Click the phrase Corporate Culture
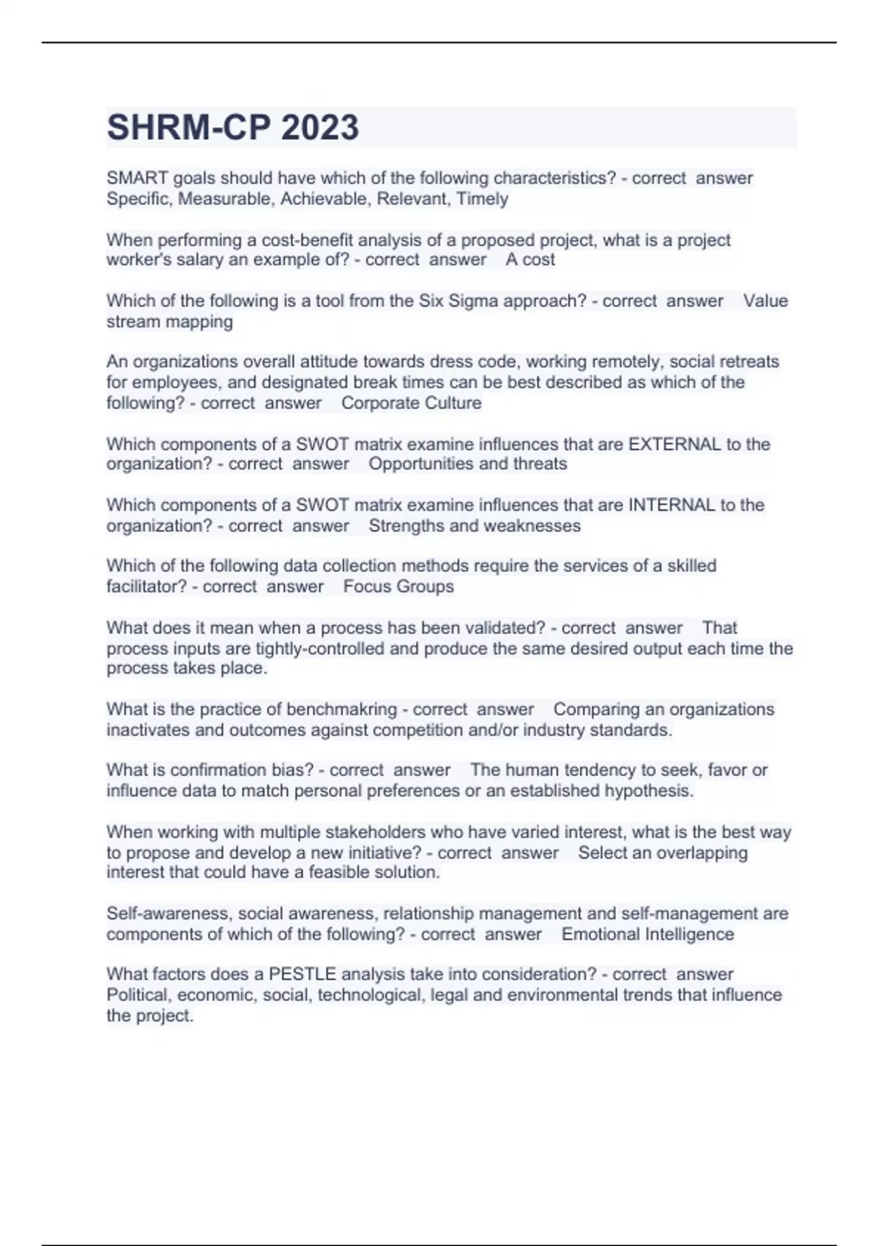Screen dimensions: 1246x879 (411, 402)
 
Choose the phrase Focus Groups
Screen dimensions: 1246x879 (398, 586)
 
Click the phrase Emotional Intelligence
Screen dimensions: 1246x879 (648, 934)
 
